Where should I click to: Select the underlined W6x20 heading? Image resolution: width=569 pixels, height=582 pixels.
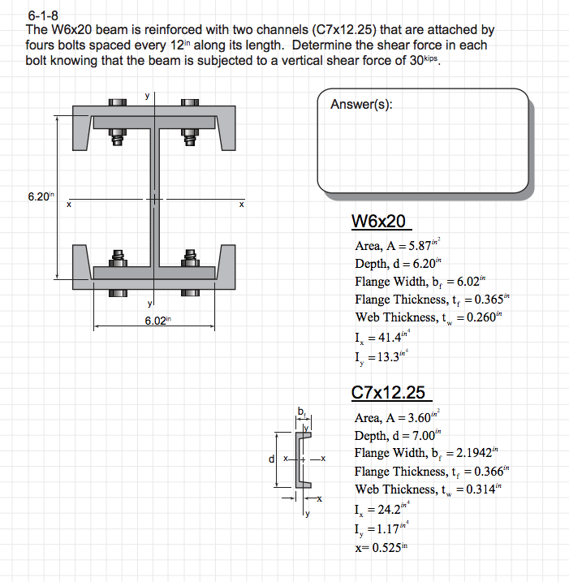point(379,222)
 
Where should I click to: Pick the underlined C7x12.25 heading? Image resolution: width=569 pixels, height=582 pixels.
point(389,393)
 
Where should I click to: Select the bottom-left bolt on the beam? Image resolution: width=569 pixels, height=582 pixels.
point(118,264)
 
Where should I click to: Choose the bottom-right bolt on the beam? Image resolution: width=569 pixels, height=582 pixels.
point(190,264)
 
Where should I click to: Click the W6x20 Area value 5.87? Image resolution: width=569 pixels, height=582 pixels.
point(422,246)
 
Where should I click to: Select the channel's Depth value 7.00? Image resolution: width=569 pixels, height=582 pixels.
point(423,436)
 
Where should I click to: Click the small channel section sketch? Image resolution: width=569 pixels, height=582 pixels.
point(304,459)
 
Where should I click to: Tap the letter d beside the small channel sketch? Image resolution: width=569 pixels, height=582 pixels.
point(273,459)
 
